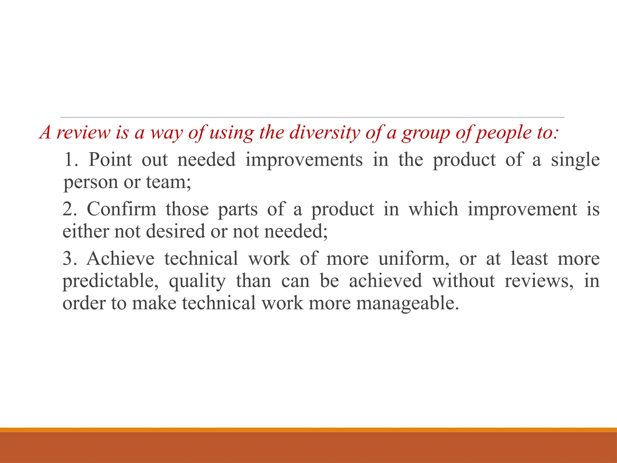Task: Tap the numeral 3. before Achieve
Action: [x=70, y=258]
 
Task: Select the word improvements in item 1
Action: [x=304, y=160]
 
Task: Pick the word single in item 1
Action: [x=575, y=160]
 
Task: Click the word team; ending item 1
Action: [x=168, y=182]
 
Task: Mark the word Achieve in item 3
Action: [x=121, y=258]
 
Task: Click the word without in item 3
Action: [x=464, y=281]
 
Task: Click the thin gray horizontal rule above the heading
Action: [x=312, y=117]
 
